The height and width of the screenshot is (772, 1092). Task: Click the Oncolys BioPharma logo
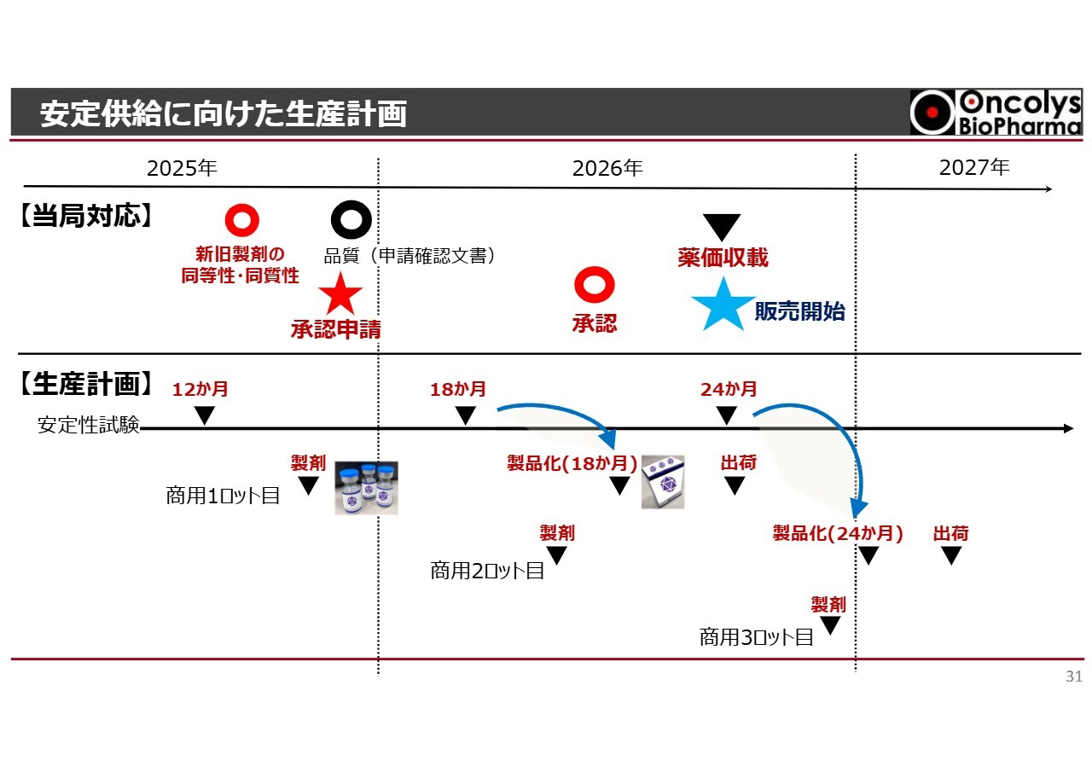click(995, 113)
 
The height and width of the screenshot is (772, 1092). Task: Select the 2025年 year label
click(182, 167)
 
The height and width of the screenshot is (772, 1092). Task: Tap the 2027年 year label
click(973, 167)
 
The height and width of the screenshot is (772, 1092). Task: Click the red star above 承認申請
click(340, 295)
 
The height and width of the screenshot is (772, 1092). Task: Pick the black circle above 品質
click(351, 220)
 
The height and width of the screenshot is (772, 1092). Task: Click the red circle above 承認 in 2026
click(595, 285)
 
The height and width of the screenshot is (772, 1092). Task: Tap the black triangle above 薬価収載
click(722, 227)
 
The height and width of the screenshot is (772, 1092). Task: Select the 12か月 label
click(200, 390)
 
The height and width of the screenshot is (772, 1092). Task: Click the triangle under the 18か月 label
click(465, 415)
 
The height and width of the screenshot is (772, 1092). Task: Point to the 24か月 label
click(729, 390)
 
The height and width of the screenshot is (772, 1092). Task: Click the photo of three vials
click(366, 488)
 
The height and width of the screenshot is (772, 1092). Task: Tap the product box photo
click(663, 481)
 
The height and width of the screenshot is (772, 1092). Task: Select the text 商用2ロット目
click(487, 571)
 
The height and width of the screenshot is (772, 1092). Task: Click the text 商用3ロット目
click(756, 637)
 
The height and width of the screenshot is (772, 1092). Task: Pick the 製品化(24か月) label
click(838, 534)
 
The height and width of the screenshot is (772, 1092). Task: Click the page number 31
click(1073, 677)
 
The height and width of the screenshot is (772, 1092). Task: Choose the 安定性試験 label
click(88, 425)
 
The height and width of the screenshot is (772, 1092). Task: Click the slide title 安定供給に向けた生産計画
click(223, 114)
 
